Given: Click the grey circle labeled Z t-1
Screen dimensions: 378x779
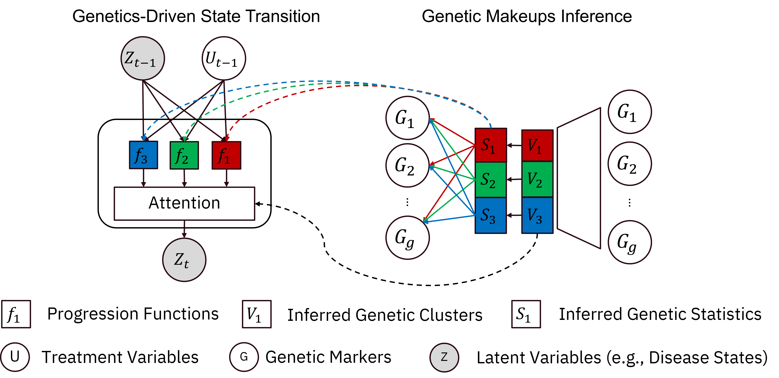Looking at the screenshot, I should tap(143, 58).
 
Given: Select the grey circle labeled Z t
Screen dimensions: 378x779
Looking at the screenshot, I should tap(184, 260).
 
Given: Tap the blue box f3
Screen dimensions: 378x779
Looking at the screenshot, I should tap(143, 155).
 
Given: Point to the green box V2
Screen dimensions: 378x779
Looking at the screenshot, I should tap(537, 179).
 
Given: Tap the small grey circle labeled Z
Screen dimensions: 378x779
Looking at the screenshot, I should tap(444, 357).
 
